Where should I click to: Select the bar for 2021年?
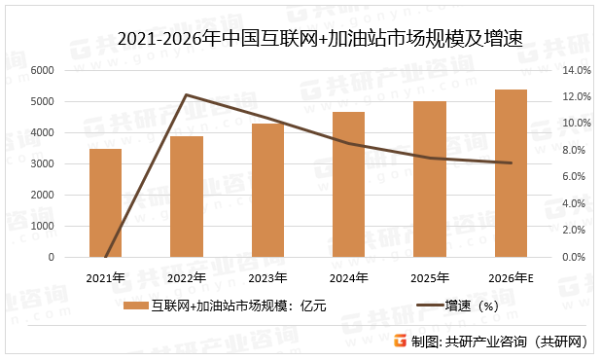(105, 203)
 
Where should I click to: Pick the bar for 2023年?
(267, 191)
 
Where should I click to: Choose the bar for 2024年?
(348, 185)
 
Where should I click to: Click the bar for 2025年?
(429, 180)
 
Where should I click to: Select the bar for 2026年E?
(511, 174)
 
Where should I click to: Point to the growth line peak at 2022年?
(187, 95)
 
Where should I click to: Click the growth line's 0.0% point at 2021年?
(105, 257)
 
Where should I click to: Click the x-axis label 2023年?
(267, 278)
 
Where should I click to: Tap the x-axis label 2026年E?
(511, 278)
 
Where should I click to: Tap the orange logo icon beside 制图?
(398, 342)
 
